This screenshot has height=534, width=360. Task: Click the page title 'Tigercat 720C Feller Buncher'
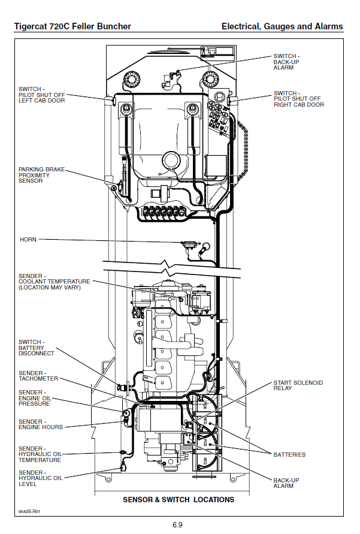point(72,26)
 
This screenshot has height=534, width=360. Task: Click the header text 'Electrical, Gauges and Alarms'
point(282,26)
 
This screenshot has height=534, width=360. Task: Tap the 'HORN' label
point(28,240)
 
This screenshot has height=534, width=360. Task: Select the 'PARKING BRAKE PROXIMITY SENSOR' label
point(41,175)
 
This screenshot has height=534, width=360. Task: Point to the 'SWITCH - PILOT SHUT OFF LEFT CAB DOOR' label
point(41,95)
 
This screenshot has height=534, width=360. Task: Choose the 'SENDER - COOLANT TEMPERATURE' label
point(54,282)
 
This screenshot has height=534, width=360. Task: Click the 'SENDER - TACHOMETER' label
point(38,376)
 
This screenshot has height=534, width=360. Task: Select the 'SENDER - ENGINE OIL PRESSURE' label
point(38,398)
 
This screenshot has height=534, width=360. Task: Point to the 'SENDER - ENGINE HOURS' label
point(40,424)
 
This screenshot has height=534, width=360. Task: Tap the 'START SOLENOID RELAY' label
point(298,385)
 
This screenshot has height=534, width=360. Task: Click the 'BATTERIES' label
point(289,454)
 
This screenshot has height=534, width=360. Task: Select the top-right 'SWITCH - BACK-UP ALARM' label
point(287,62)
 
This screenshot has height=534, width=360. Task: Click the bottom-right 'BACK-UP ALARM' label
point(287,483)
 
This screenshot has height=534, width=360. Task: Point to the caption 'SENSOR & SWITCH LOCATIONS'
point(179,499)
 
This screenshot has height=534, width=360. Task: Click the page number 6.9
point(177,525)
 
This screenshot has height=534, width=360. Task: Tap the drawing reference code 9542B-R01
point(30,511)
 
